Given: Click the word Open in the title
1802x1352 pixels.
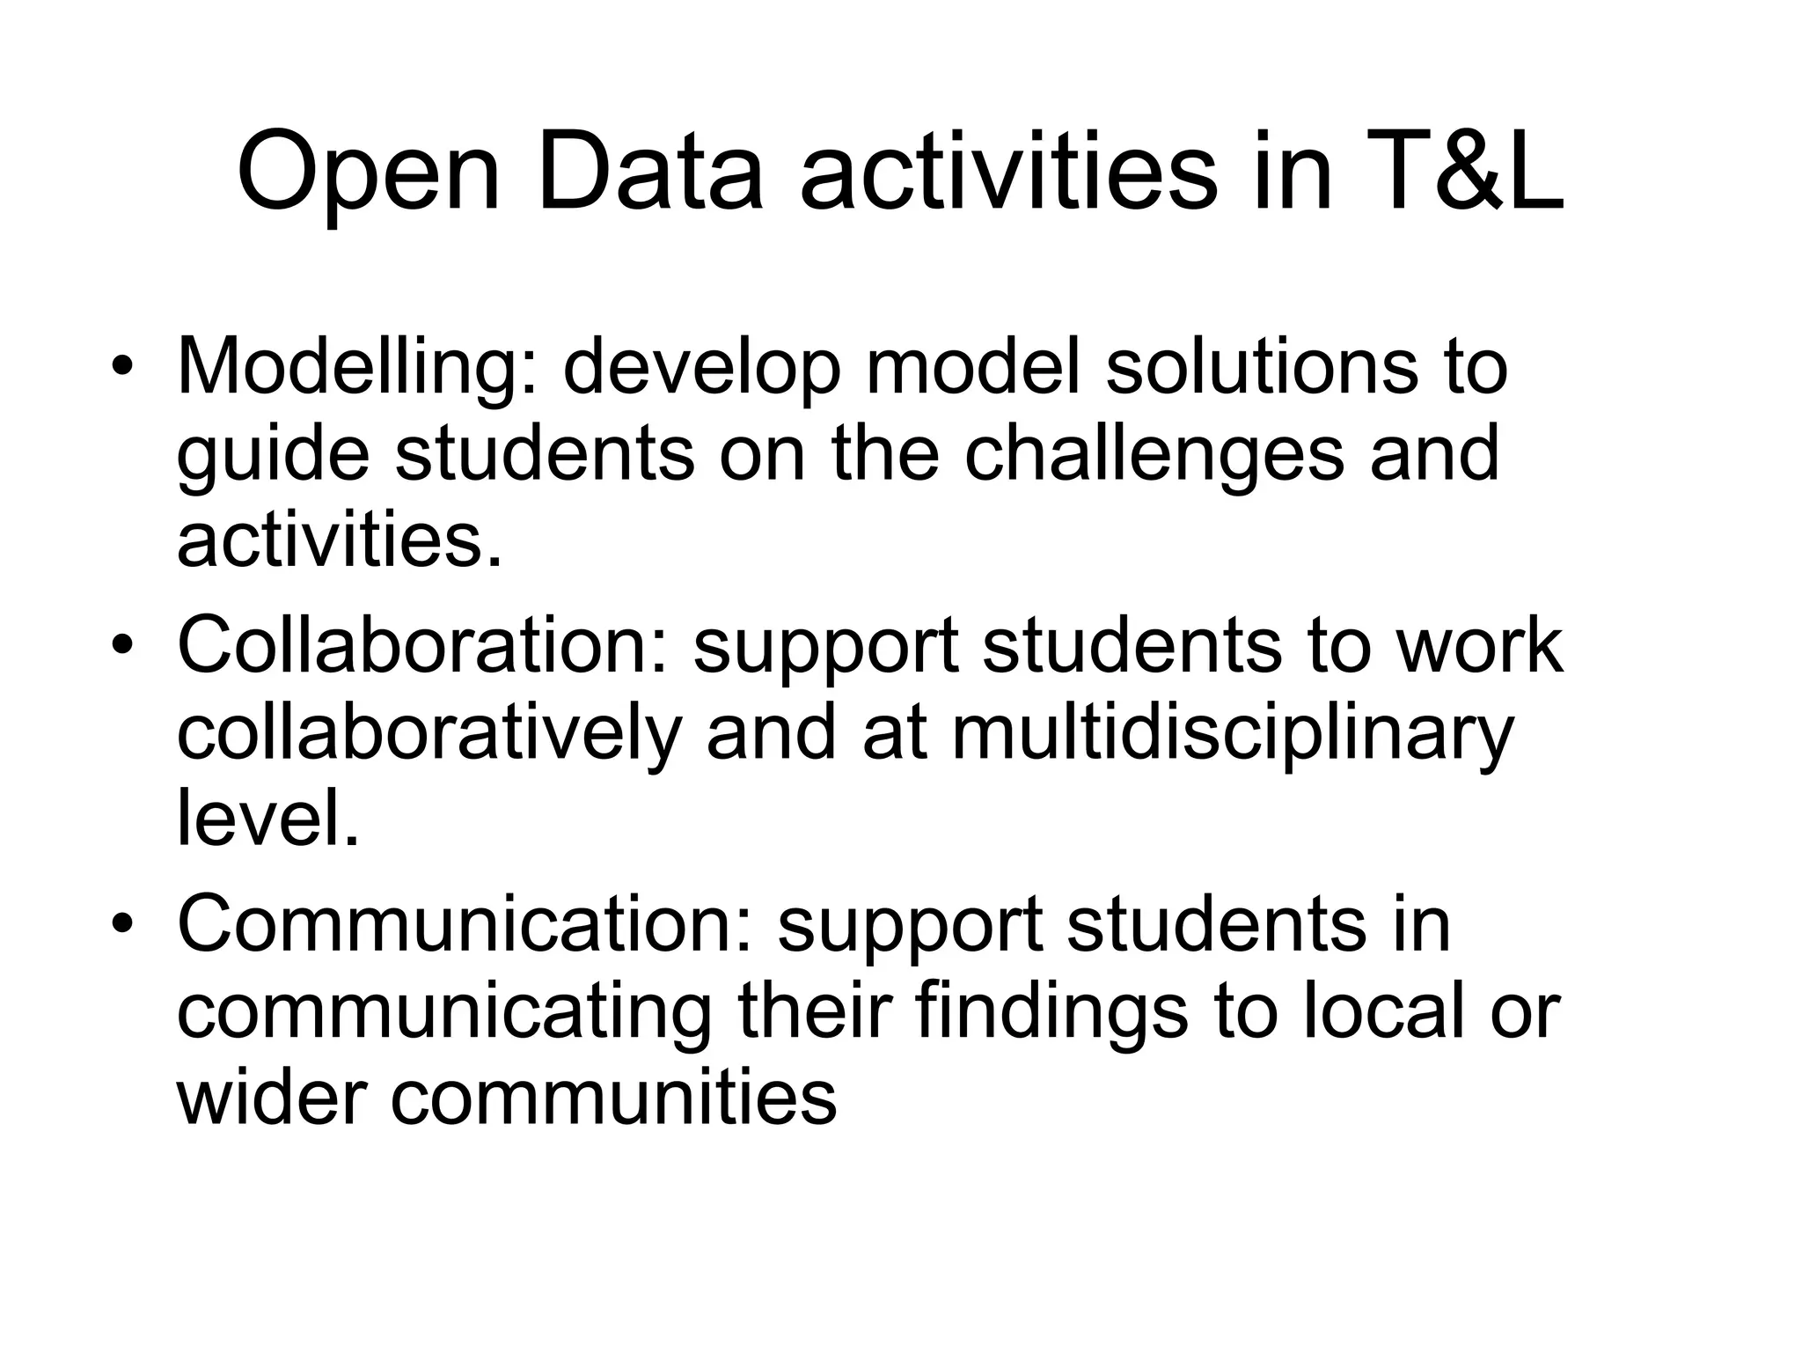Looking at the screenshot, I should (x=369, y=174).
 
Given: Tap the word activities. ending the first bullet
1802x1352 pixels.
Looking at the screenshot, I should (x=340, y=539).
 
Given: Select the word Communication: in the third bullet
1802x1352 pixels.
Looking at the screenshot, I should (x=465, y=925).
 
